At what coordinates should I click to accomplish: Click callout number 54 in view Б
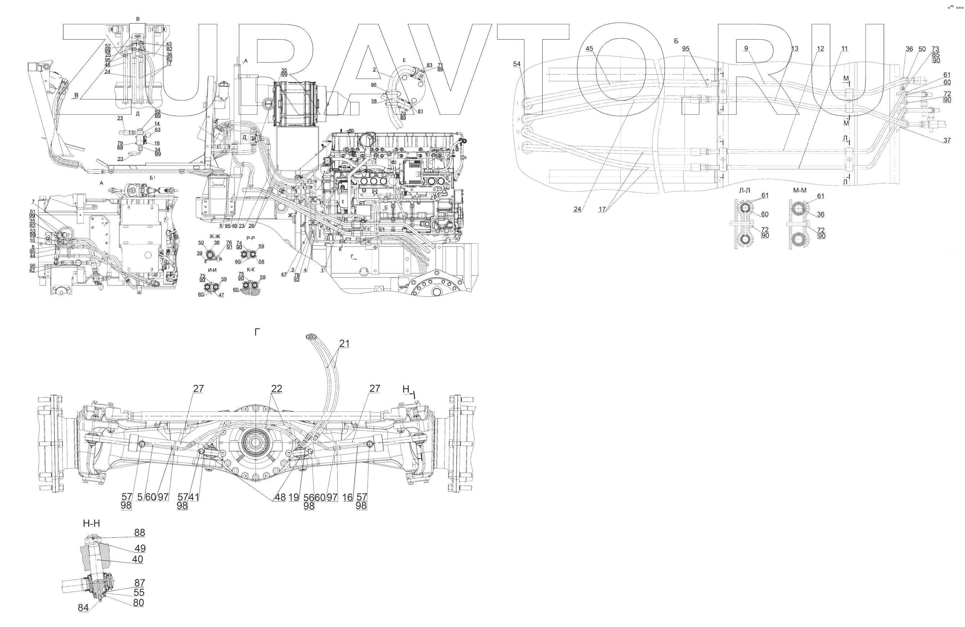[x=516, y=64]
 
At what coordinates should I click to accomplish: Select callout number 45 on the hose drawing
[x=589, y=49]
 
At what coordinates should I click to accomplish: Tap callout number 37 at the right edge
[x=947, y=140]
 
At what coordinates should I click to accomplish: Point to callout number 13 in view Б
[x=794, y=49]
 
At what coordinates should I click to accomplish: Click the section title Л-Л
[x=744, y=191]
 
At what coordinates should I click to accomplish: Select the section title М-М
[x=799, y=191]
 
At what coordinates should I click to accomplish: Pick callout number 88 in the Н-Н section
[x=140, y=533]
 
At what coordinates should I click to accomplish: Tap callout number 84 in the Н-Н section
[x=83, y=607]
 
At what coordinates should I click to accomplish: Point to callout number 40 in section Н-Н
[x=137, y=559]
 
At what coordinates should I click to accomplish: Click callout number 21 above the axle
[x=344, y=343]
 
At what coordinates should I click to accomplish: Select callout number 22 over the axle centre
[x=276, y=389]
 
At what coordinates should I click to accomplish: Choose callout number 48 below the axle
[x=280, y=497]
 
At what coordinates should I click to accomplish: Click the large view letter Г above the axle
[x=257, y=332]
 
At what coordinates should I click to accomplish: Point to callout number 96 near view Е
[x=373, y=85]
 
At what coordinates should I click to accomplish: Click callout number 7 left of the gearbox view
[x=33, y=202]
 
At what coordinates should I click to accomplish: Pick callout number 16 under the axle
[x=347, y=497]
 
